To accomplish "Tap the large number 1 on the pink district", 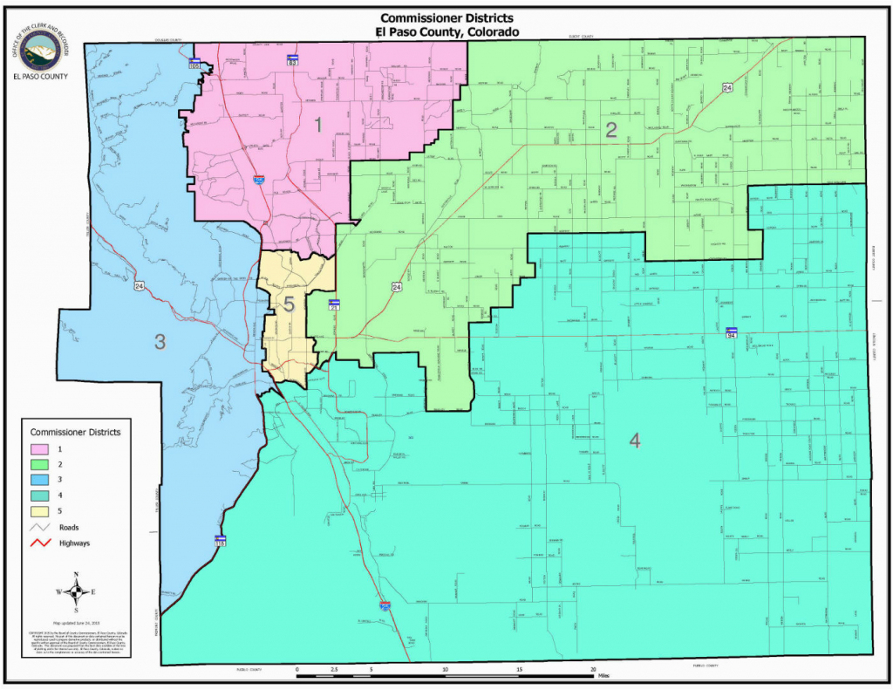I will pyautogui.click(x=318, y=126).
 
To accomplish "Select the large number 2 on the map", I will pyautogui.click(x=612, y=131).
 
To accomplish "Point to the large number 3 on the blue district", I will pyautogui.click(x=160, y=342).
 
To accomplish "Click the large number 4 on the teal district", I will pyautogui.click(x=634, y=441).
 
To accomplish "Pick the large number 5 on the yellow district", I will pyautogui.click(x=289, y=304).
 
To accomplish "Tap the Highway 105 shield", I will pyautogui.click(x=195, y=63).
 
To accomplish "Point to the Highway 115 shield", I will pyautogui.click(x=220, y=541).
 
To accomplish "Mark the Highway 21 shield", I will pyautogui.click(x=333, y=304).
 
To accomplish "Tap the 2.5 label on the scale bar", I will pyautogui.click(x=334, y=669).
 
